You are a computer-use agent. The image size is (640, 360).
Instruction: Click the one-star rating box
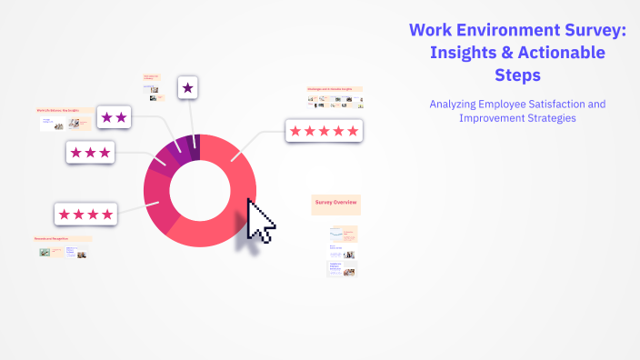187,87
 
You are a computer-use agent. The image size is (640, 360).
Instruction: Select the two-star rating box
114,116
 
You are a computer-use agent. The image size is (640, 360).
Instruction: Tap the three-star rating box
90,152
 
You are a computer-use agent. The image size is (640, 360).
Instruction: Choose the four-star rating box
85,215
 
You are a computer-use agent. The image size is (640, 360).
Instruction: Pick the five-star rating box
324,131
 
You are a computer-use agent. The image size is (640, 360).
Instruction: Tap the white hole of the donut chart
199,190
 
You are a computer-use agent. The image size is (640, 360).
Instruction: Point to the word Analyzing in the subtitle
457,105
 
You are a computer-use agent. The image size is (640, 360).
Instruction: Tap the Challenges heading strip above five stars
335,89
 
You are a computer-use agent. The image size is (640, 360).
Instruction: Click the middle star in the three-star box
90,152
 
